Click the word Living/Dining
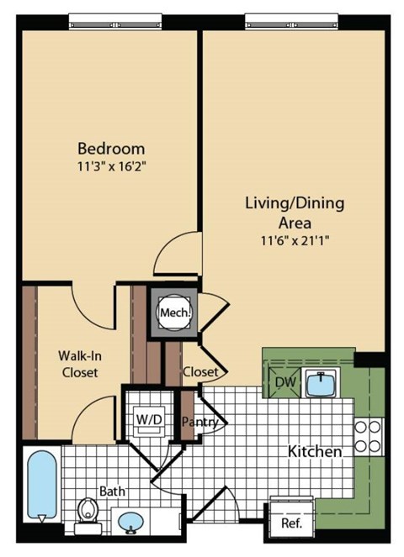[x=295, y=203]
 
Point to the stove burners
[x=368, y=435]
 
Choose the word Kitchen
[x=316, y=452]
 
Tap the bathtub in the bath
[x=41, y=486]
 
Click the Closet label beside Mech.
[x=200, y=371]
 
